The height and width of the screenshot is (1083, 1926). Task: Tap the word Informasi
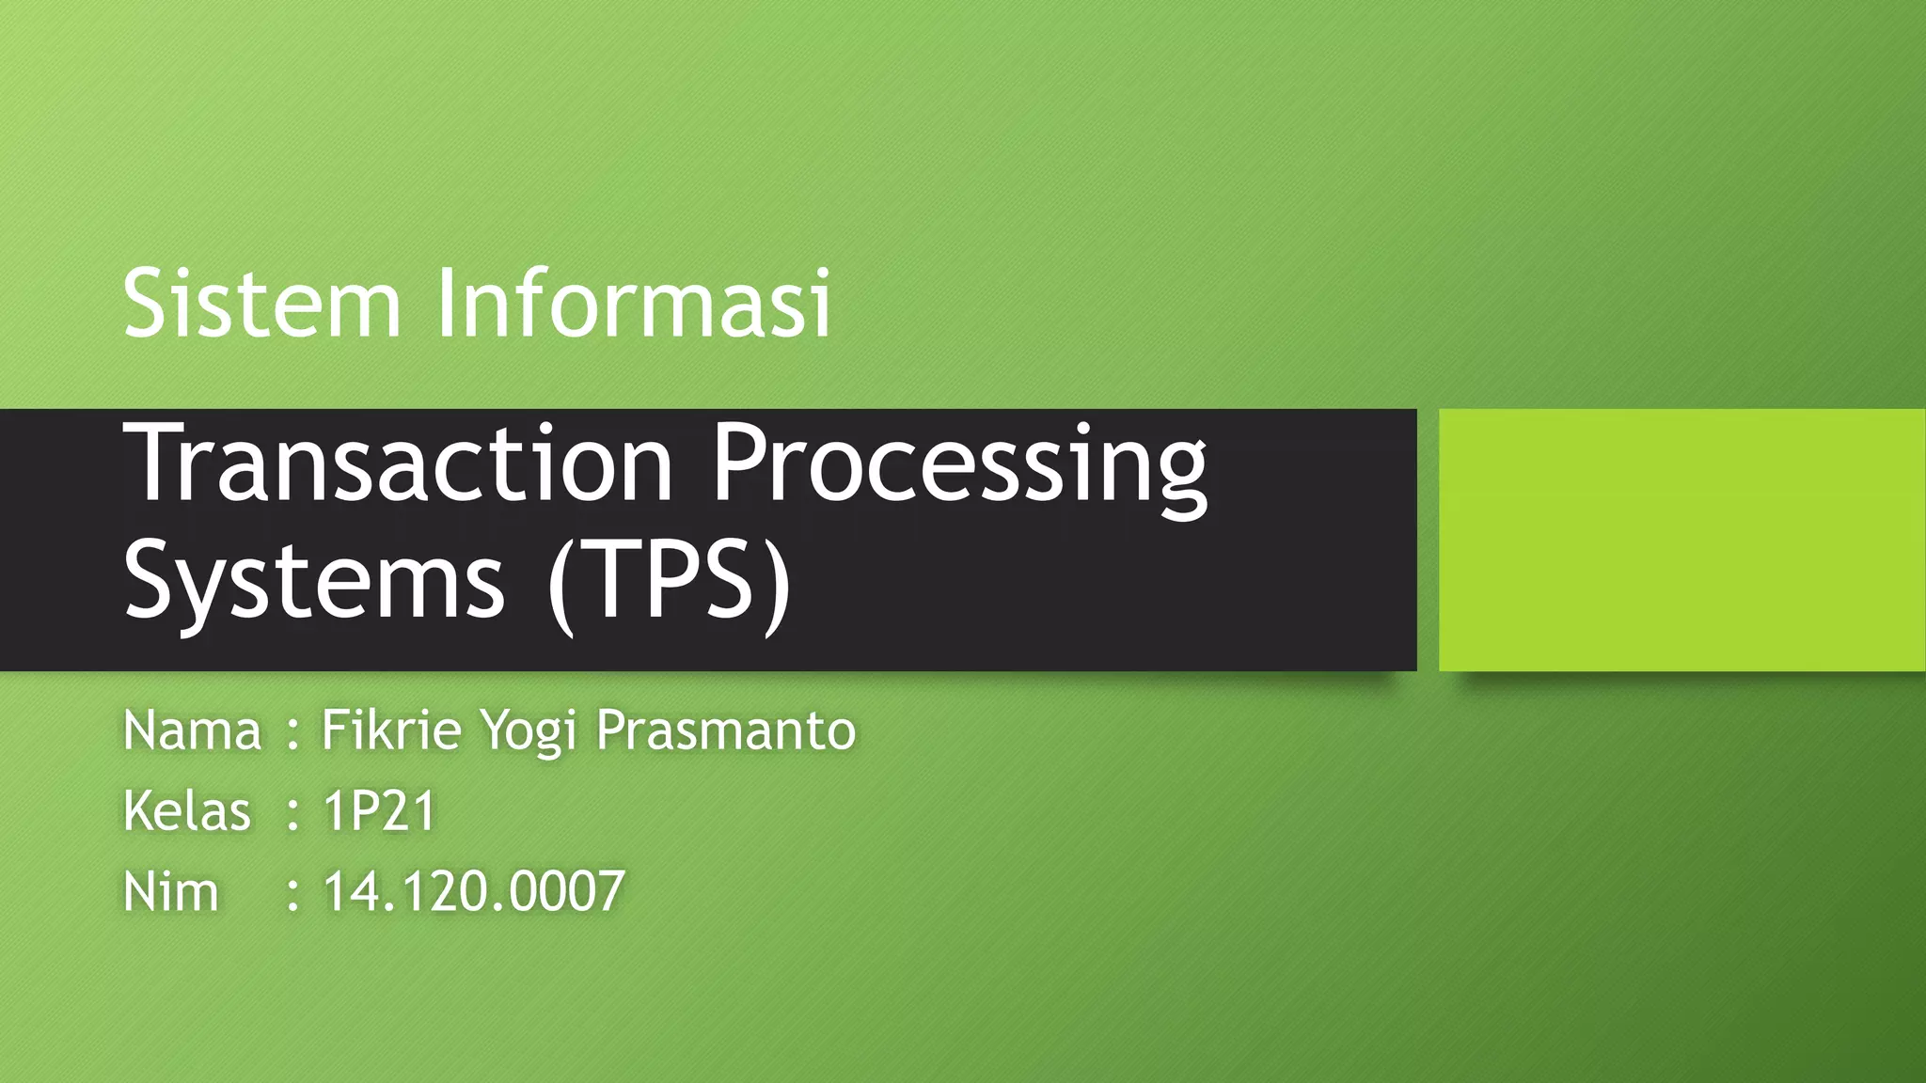click(x=635, y=303)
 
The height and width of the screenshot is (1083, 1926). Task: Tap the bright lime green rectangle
click(x=1681, y=540)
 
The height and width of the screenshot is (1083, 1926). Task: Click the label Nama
click(x=192, y=730)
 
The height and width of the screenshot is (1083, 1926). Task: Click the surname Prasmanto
click(x=726, y=730)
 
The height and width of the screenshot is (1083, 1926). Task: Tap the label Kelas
click(x=187, y=810)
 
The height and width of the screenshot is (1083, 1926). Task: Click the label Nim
click(x=170, y=891)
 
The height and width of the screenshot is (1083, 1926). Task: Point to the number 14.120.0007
click(x=474, y=891)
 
